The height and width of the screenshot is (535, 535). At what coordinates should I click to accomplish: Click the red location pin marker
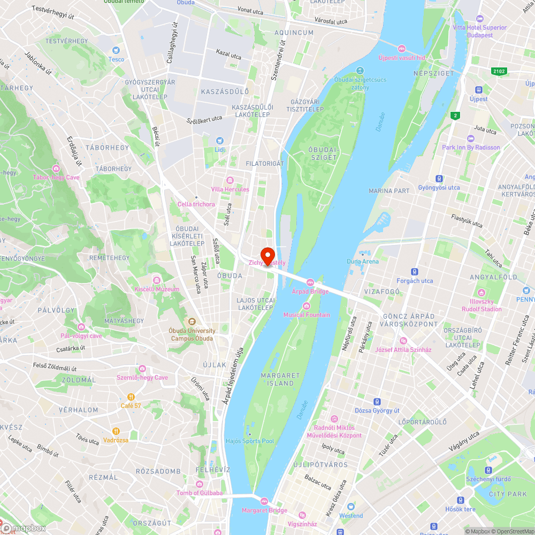point(267,254)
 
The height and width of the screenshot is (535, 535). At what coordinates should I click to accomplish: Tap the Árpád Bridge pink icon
point(310,282)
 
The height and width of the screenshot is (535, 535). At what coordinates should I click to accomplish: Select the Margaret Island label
point(280,379)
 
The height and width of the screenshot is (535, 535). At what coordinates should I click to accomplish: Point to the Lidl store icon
point(220,140)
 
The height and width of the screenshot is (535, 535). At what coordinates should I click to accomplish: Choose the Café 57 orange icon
point(131,396)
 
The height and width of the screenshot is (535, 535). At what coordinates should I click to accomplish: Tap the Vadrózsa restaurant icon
point(116,431)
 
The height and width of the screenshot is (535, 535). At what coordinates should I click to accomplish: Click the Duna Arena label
point(362,261)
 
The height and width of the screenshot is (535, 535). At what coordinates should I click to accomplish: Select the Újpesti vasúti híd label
point(401,57)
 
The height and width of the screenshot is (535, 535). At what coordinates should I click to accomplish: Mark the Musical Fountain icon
point(307,306)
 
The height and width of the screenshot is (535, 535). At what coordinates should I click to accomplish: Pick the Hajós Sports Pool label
point(250,441)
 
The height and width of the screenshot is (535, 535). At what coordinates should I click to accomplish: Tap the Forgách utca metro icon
point(415,272)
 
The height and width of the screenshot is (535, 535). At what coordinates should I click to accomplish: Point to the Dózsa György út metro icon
point(377,401)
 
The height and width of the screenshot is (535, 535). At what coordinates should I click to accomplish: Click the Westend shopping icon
point(351,507)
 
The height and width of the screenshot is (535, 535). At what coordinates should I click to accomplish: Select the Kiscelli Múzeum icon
point(156,280)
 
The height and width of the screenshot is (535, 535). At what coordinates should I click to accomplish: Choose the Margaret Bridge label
point(264,510)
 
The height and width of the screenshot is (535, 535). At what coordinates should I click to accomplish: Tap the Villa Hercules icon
point(230,180)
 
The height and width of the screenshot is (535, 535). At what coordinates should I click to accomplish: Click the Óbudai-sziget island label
point(323,154)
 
